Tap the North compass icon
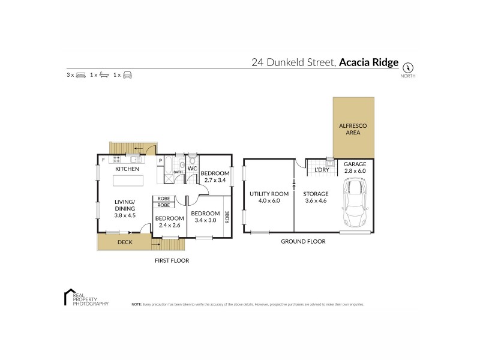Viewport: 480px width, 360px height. tap(410, 67)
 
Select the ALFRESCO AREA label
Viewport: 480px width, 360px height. tap(353, 129)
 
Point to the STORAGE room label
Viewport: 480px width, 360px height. tap(315, 194)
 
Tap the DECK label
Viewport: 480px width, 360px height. tap(125, 242)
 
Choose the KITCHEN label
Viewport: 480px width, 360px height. tap(128, 169)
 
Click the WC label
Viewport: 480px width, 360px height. tap(193, 169)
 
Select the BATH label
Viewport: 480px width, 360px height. tap(178, 173)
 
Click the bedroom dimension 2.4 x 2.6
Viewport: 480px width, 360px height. tap(169, 226)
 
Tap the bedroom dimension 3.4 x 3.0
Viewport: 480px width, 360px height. tap(205, 220)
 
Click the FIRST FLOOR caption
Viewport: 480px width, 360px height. tap(172, 261)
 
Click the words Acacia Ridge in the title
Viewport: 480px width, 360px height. tap(368, 61)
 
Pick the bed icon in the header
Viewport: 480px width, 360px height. tap(80, 75)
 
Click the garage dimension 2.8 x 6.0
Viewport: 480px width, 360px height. tap(354, 171)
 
